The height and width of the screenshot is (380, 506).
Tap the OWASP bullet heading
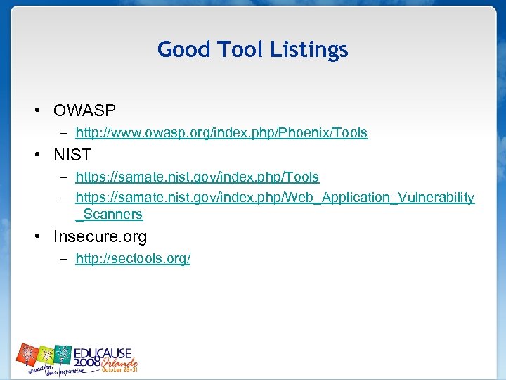(84, 110)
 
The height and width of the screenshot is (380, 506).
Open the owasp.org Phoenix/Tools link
(221, 132)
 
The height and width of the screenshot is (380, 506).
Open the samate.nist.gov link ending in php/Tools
(197, 177)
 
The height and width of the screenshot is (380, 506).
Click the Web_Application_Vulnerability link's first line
(275, 197)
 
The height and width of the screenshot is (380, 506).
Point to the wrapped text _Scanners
(109, 214)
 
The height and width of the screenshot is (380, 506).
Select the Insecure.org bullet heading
(100, 237)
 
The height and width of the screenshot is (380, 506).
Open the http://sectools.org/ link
(133, 258)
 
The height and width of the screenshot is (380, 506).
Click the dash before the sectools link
(63, 258)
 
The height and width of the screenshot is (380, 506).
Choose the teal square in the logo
(64, 354)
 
